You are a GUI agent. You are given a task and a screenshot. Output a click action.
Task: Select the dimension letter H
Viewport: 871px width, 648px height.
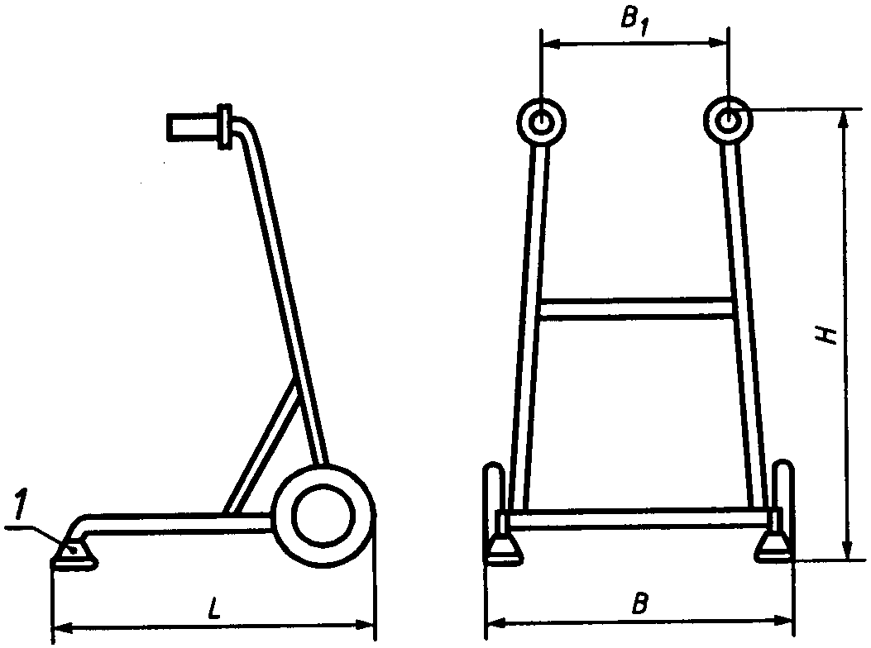826,335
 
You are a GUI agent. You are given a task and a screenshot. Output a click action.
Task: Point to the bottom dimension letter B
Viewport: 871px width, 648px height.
639,604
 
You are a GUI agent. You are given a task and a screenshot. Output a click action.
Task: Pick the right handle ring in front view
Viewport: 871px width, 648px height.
727,121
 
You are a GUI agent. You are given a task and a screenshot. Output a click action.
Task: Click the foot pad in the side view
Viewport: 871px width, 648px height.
74,556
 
